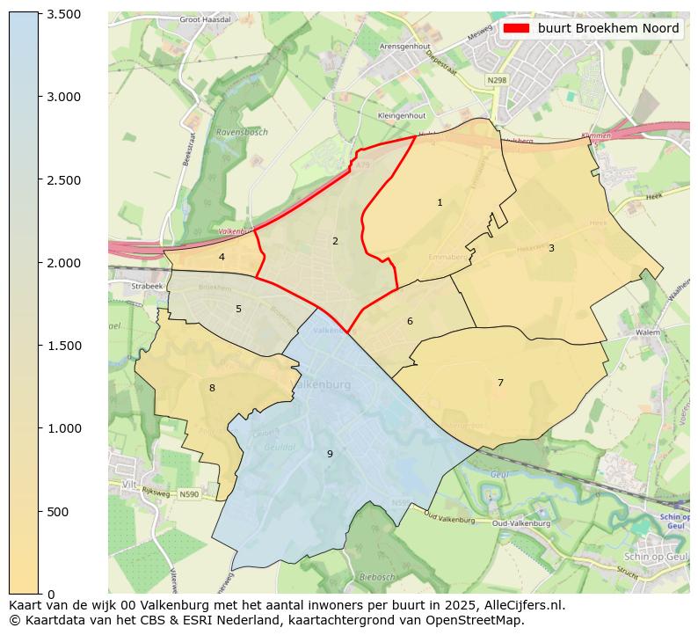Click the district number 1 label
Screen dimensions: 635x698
pos(440,203)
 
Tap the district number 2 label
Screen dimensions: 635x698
pos(335,241)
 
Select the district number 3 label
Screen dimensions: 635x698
pos(551,248)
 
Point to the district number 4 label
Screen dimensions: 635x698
pos(222,257)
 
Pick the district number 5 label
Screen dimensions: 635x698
pos(238,309)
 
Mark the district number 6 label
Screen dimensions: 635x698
pos(410,321)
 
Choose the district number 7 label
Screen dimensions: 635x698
pos(500,383)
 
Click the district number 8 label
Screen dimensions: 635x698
pos(212,388)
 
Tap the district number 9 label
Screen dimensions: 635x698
pos(330,454)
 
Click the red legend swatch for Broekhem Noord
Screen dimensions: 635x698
pos(516,28)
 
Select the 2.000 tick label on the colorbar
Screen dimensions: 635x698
pos(63,263)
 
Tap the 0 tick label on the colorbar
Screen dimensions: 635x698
pos(51,595)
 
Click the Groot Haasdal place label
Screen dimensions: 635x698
pos(205,18)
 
